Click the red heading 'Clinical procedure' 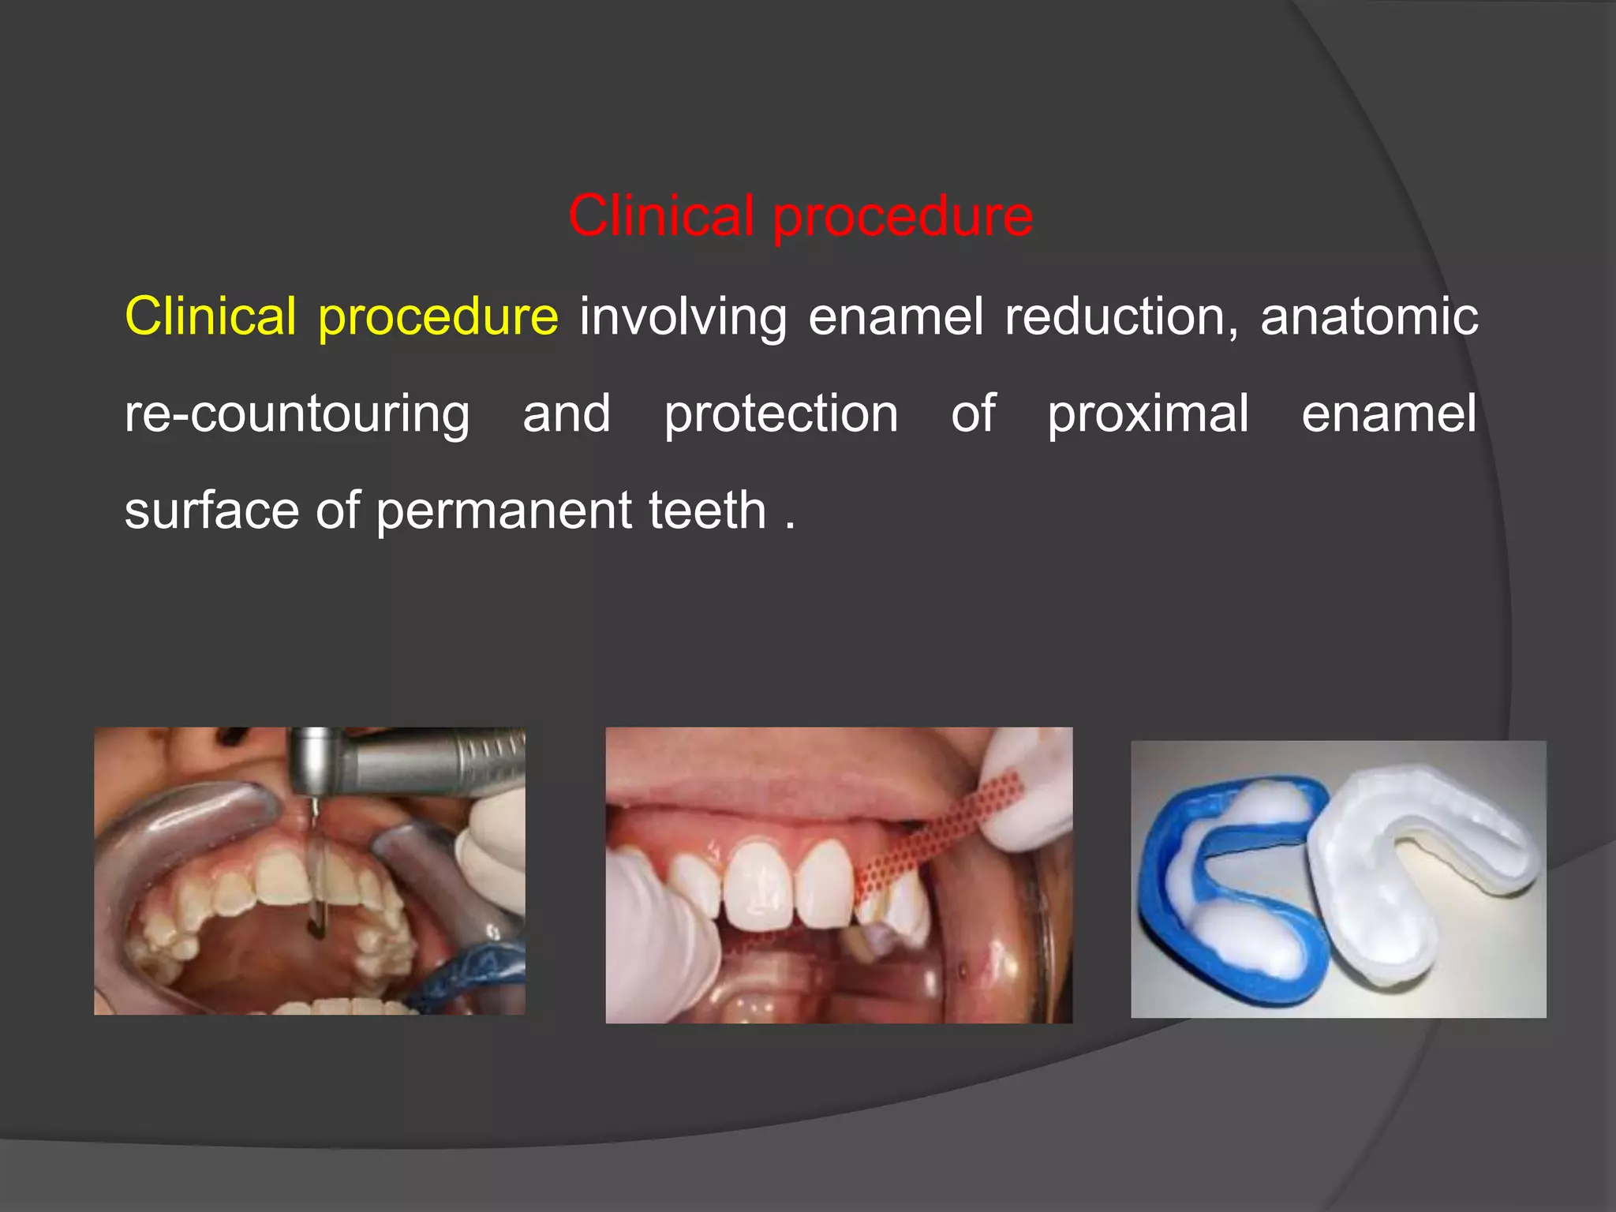tap(800, 216)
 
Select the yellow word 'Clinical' tap(211, 316)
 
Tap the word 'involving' tap(683, 318)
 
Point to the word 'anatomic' tap(1369, 316)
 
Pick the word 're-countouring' tap(297, 415)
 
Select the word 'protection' tap(780, 413)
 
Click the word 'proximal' tap(1148, 415)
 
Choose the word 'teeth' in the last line tap(707, 511)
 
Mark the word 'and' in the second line tap(567, 413)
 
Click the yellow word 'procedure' tap(438, 318)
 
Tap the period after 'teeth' tap(790, 526)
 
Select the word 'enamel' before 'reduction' tap(896, 316)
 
